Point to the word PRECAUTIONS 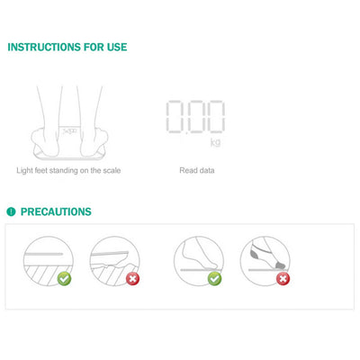coord(56,212)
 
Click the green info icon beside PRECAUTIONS coord(11,212)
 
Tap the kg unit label coord(215,142)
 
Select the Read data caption coord(196,170)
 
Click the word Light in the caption coord(26,170)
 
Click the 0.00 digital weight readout coord(196,116)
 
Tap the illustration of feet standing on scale coord(67,121)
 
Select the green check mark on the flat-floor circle coord(63,279)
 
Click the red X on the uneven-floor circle coord(133,279)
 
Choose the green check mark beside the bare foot coord(214,279)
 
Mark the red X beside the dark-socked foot coord(283,279)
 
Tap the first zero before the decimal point coord(177,116)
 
